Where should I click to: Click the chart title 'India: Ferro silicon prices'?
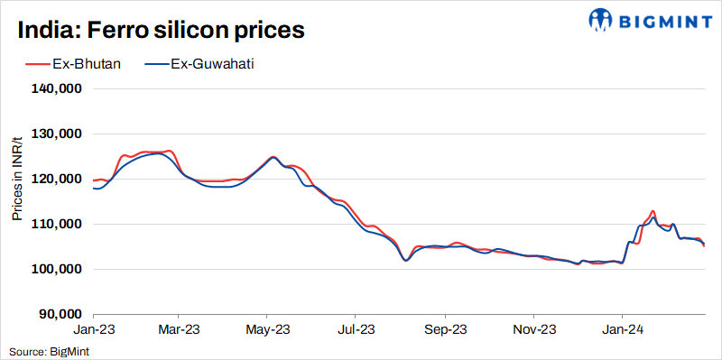coord(161,29)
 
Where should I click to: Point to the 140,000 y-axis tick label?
coord(59,89)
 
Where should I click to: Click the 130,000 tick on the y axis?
coord(59,134)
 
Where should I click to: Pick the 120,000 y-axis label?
coord(59,180)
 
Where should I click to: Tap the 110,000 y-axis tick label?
coord(59,225)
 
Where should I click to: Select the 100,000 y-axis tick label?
coord(59,270)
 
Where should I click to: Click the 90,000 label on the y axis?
coord(61,315)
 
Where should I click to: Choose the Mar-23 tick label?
coord(179,330)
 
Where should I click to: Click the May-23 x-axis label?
coord(267,330)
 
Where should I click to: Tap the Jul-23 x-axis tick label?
coord(355,330)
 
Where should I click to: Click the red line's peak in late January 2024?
coord(652,211)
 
